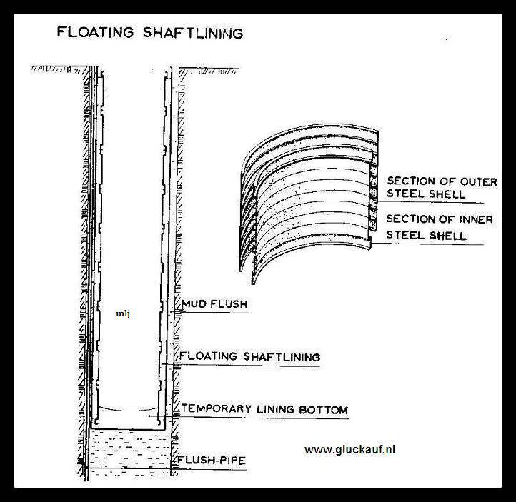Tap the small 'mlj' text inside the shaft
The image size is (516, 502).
122,312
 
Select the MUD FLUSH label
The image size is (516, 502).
214,304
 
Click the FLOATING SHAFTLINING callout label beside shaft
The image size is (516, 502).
249,356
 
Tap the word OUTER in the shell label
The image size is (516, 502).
479,181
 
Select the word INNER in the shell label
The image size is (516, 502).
474,220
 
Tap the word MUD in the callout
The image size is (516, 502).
194,304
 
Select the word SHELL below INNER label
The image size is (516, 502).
447,235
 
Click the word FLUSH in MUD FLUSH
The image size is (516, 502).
228,304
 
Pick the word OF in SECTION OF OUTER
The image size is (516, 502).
447,181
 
